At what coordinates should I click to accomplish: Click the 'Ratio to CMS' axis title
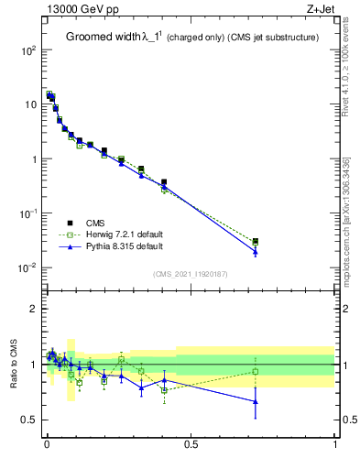click(x=14, y=365)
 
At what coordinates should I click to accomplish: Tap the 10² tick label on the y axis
click(x=28, y=50)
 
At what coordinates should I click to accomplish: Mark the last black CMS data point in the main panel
click(x=256, y=242)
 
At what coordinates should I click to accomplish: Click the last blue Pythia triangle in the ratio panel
click(x=256, y=401)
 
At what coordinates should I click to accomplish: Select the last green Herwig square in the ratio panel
click(x=256, y=371)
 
